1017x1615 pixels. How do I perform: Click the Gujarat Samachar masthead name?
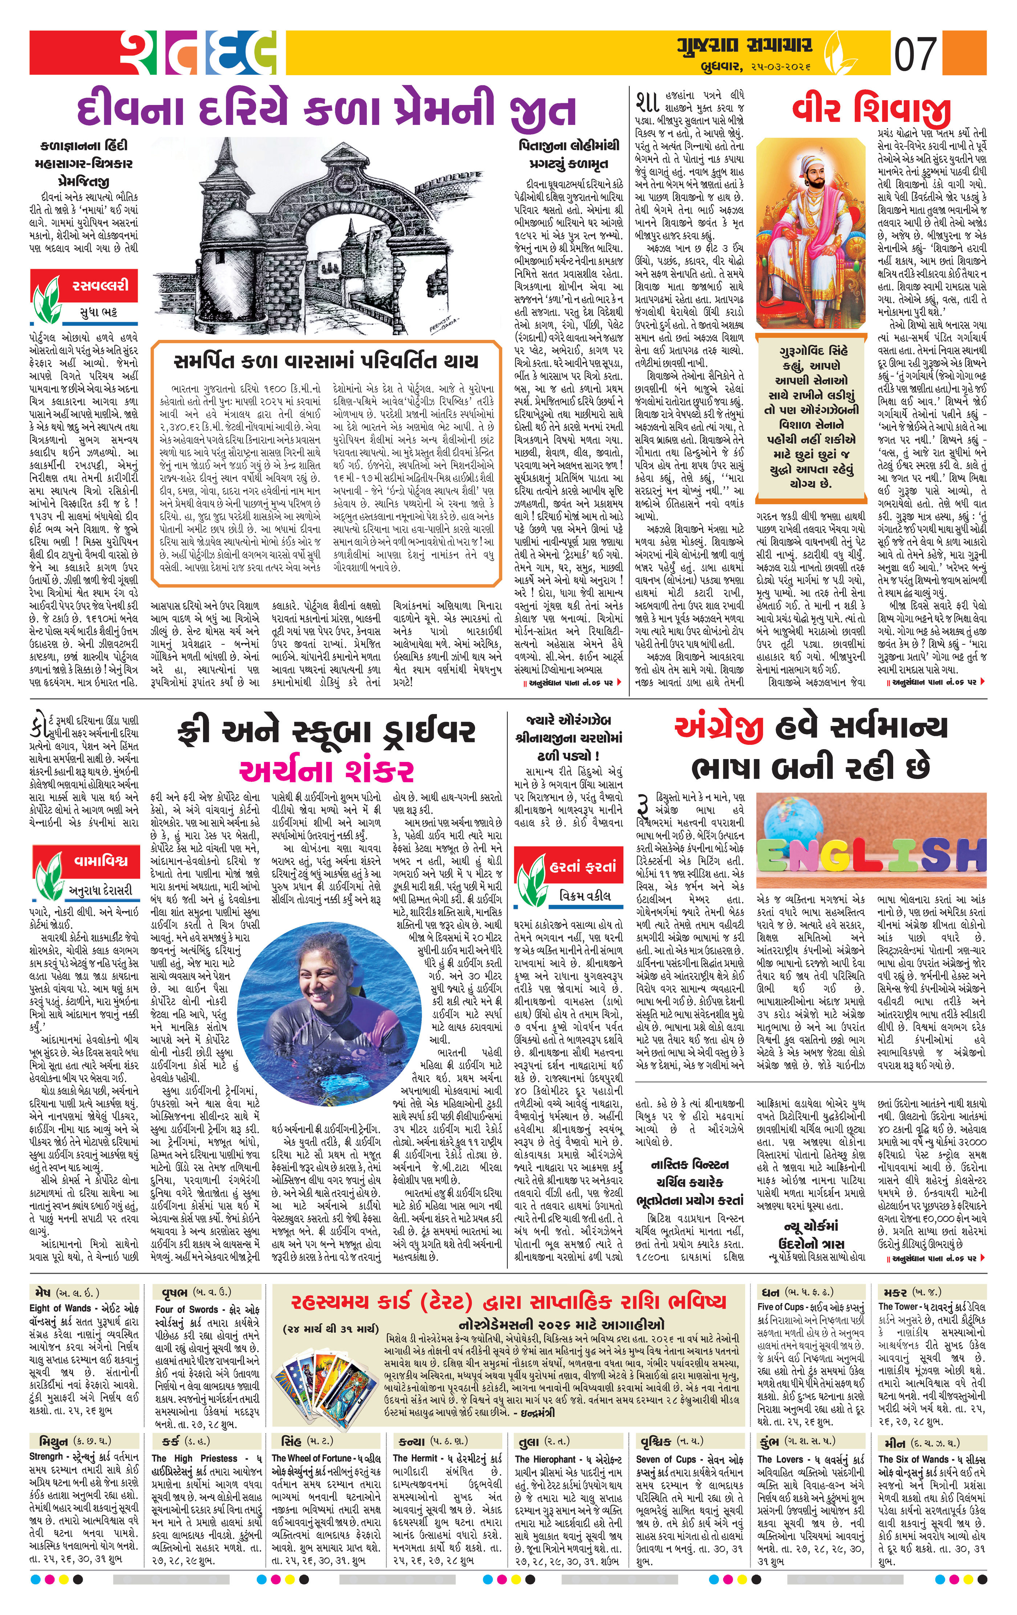[x=750, y=47]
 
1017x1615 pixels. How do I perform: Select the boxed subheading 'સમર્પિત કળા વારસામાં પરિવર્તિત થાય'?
[x=326, y=361]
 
